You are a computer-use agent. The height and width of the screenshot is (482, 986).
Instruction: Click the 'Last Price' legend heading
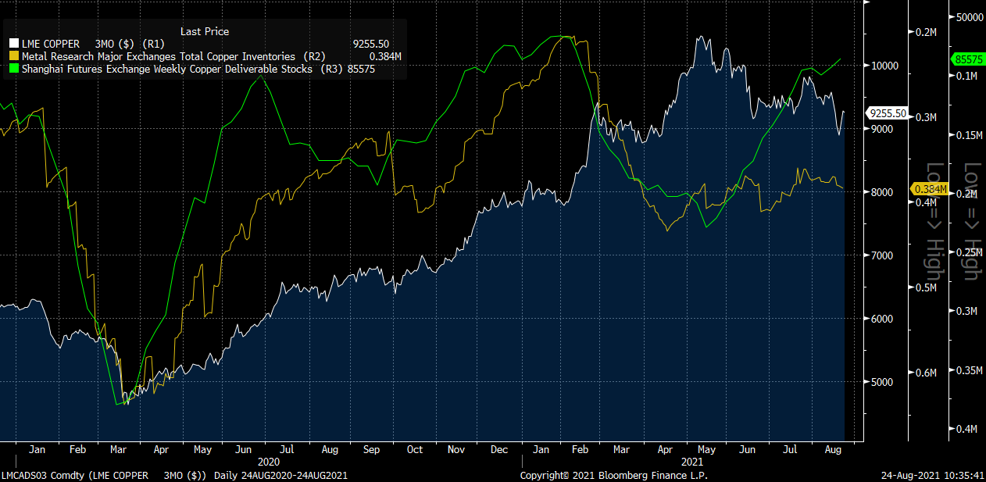pyautogui.click(x=205, y=31)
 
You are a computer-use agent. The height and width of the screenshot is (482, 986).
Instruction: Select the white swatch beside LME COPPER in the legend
pyautogui.click(x=14, y=45)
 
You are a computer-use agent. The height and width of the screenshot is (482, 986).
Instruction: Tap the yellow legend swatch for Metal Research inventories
pyautogui.click(x=14, y=57)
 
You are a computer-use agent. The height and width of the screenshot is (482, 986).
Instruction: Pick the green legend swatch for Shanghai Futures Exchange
pyautogui.click(x=14, y=70)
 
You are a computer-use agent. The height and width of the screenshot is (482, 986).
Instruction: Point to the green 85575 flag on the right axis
pyautogui.click(x=967, y=59)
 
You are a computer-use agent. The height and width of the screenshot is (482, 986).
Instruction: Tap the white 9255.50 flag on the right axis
pyautogui.click(x=888, y=113)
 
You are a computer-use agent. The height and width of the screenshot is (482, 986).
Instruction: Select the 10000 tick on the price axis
pyautogui.click(x=884, y=66)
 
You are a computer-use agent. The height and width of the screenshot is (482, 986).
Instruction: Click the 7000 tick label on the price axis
pyautogui.click(x=882, y=255)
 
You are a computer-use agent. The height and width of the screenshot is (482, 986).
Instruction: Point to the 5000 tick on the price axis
pyautogui.click(x=882, y=382)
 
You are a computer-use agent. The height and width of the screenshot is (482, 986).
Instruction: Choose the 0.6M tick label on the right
pyautogui.click(x=926, y=373)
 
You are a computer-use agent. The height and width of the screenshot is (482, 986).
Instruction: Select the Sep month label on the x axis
pyautogui.click(x=371, y=450)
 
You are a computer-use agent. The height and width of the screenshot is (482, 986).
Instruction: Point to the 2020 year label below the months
pyautogui.click(x=257, y=462)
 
